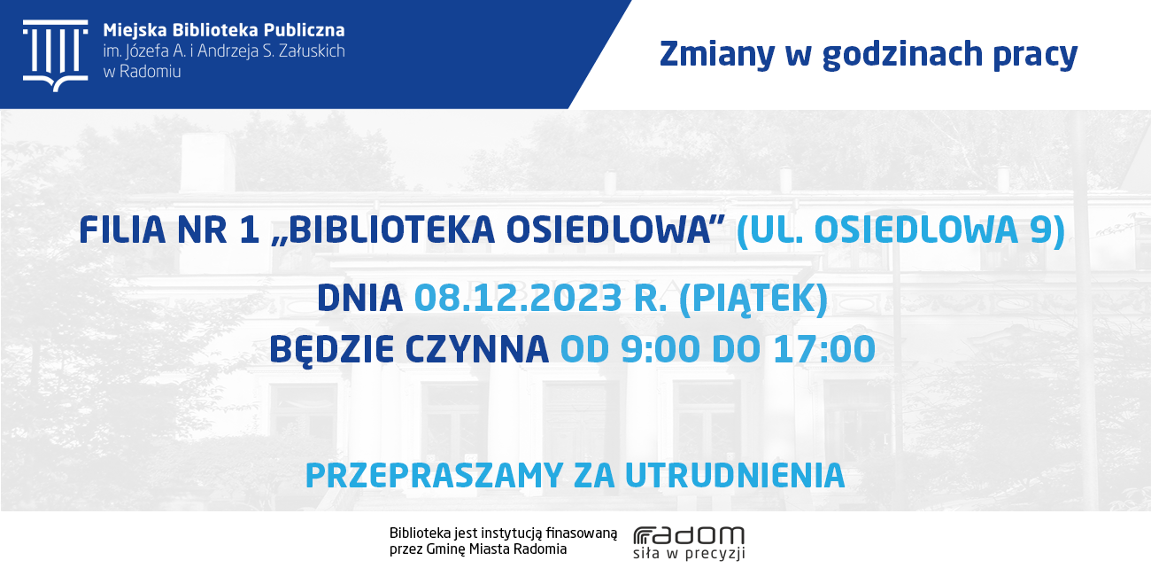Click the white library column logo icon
pyautogui.click(x=56, y=56)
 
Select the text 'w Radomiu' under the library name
pyautogui.click(x=142, y=72)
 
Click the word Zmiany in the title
pyautogui.click(x=717, y=54)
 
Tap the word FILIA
pyautogui.click(x=122, y=230)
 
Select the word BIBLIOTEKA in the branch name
pyautogui.click(x=392, y=230)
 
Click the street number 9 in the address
pyautogui.click(x=1039, y=230)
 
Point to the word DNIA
pyautogui.click(x=359, y=299)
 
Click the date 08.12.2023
pyautogui.click(x=518, y=299)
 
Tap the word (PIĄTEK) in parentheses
pyautogui.click(x=753, y=300)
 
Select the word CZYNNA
pyautogui.click(x=477, y=349)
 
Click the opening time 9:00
pyautogui.click(x=660, y=349)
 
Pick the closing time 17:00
pyautogui.click(x=824, y=349)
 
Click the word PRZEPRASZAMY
pyautogui.click(x=434, y=475)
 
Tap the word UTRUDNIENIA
pyautogui.click(x=735, y=475)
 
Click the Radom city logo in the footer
pyautogui.click(x=689, y=543)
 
